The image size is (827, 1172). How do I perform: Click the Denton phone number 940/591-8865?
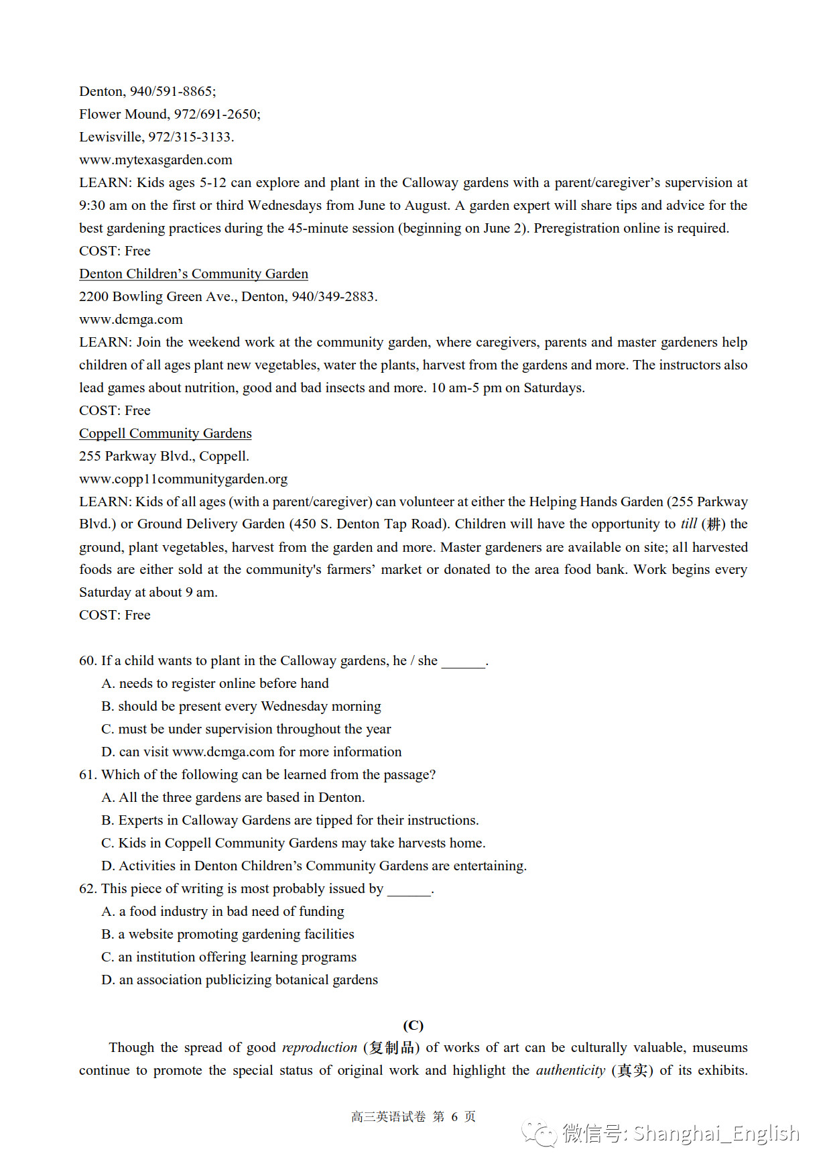coord(172,91)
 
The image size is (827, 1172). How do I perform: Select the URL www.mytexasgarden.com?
coord(155,160)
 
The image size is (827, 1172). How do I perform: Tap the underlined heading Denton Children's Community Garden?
coord(194,274)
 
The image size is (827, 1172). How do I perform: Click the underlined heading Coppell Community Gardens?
coord(166,433)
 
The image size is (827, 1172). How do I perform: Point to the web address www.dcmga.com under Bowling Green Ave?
coord(131,319)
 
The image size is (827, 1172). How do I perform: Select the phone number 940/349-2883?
coord(333,296)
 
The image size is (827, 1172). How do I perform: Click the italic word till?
coord(688,524)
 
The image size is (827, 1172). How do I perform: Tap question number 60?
coord(88,660)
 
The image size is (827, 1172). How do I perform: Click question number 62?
coord(88,888)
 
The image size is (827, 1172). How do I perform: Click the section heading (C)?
coord(413,1025)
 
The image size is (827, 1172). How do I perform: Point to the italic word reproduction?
coord(320,1047)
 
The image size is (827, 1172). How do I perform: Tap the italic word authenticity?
coord(570,1070)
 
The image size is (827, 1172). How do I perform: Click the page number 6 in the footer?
coord(454,1116)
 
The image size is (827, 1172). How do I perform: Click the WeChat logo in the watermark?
coord(539,1133)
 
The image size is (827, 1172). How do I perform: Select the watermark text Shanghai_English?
coord(716,1133)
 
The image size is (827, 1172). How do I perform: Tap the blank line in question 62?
coord(409,890)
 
